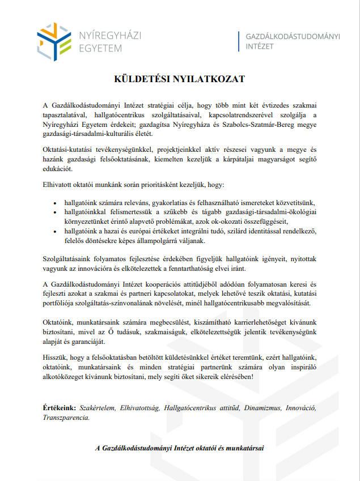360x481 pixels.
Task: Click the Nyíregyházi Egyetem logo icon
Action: (55, 39)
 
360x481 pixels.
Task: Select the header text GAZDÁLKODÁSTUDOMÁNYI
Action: (293, 37)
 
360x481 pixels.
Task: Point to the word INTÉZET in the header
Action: (260, 47)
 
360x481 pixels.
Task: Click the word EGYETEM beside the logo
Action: (101, 48)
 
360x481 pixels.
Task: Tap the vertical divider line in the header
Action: (239, 41)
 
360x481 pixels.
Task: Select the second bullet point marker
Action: (54, 212)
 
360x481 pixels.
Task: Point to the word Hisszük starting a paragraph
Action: (55, 357)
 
